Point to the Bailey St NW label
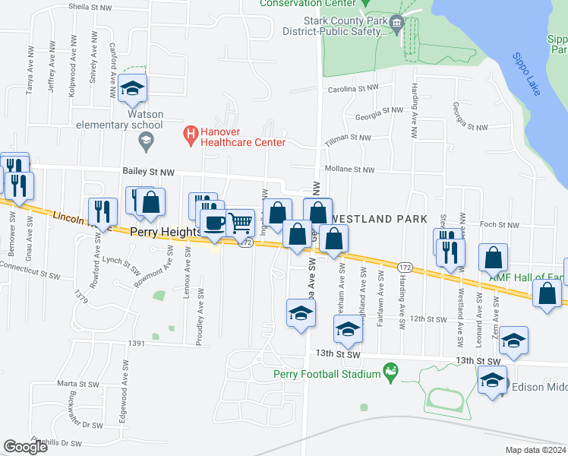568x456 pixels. (149, 173)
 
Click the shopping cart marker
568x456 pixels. (241, 223)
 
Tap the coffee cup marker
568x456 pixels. (213, 224)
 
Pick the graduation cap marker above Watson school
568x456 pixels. (132, 89)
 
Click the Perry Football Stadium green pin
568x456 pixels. (391, 372)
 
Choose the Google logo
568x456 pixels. (25, 447)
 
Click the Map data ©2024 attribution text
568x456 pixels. (535, 450)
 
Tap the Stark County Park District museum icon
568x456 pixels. (398, 28)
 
